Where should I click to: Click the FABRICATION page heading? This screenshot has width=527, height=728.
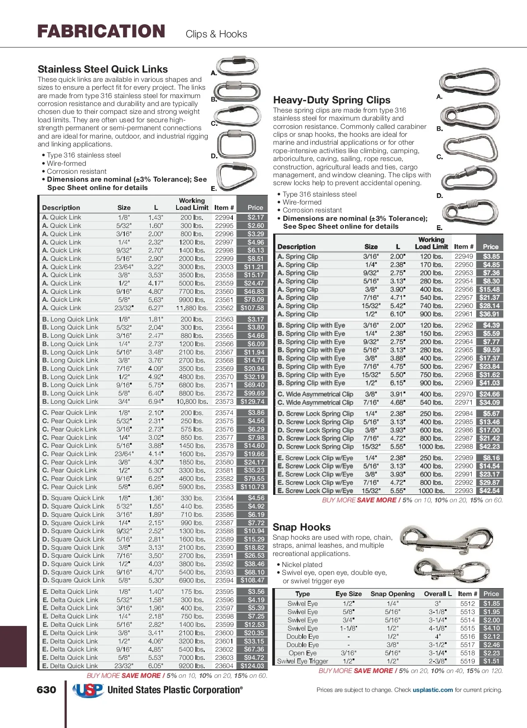tap(101, 32)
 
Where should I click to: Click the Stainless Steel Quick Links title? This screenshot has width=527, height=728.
tap(103, 69)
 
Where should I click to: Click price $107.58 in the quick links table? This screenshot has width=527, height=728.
tap(252, 308)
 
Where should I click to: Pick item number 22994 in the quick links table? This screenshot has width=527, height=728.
tap(224, 217)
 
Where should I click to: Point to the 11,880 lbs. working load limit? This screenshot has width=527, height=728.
tap(192, 308)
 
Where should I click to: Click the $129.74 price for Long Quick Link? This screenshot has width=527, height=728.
tap(252, 402)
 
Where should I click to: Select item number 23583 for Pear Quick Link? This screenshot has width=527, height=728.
tap(224, 487)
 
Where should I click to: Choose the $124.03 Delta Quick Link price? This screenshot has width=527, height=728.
tap(252, 666)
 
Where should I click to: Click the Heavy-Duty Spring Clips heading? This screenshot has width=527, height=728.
tap(332, 100)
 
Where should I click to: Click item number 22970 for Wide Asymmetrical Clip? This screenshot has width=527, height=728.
tap(463, 394)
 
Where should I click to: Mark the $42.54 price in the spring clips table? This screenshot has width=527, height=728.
tap(489, 490)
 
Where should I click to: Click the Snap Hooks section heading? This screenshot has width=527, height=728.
tap(302, 527)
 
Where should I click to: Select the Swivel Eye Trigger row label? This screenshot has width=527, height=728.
tap(303, 661)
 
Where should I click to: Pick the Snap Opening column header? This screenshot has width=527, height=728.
tap(392, 594)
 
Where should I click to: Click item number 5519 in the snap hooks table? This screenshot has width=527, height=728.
tap(467, 661)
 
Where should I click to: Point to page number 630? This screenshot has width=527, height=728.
tap(47, 690)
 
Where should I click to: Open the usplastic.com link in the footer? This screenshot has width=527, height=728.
tap(433, 690)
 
